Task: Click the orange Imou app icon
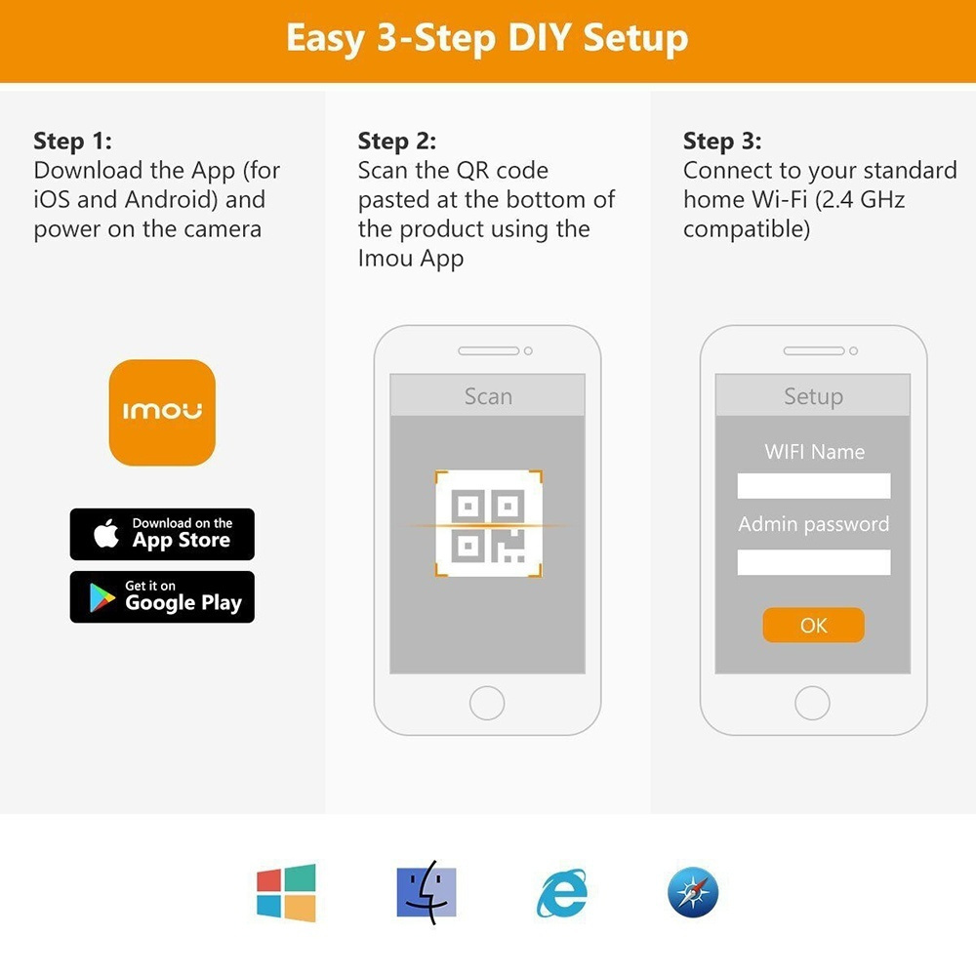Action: point(162,412)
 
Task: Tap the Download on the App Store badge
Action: point(162,534)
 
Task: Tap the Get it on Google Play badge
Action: point(162,597)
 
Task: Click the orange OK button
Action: point(814,625)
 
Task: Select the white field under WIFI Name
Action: point(814,485)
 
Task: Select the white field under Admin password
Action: point(814,562)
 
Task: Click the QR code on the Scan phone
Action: point(489,524)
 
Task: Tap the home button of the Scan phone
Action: point(487,704)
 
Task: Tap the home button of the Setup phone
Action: point(812,704)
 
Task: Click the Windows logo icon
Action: point(286,893)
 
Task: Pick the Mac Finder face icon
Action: point(427,893)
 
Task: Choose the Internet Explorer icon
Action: point(562,894)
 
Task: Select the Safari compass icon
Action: point(693,893)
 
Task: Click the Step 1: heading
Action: point(73,142)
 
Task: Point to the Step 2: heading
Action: point(397,142)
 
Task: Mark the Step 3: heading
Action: point(722,142)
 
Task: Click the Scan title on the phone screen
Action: point(489,396)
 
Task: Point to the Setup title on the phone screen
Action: point(814,396)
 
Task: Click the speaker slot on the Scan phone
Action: point(489,351)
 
